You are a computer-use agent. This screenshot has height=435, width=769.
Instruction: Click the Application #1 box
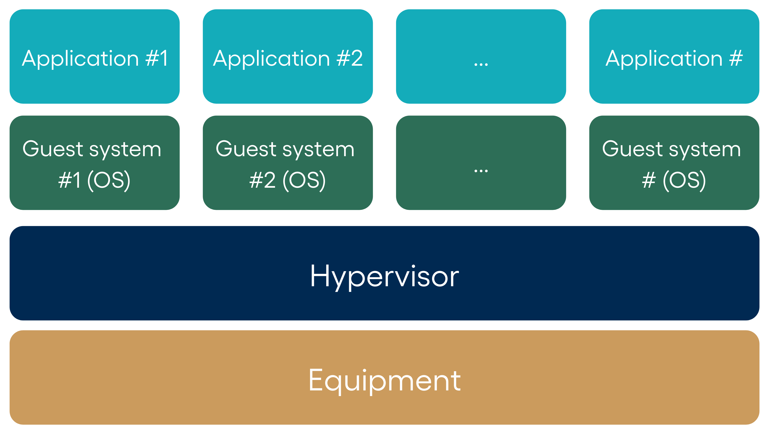95,57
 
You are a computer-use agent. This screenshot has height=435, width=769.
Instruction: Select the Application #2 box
288,57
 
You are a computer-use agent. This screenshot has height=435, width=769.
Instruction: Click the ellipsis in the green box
481,171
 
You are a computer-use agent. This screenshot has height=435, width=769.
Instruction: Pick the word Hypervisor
384,277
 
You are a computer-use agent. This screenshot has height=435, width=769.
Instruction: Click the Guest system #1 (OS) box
95,163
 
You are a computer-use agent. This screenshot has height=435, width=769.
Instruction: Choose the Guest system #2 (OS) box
288,163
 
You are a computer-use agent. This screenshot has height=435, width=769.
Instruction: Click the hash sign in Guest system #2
256,180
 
